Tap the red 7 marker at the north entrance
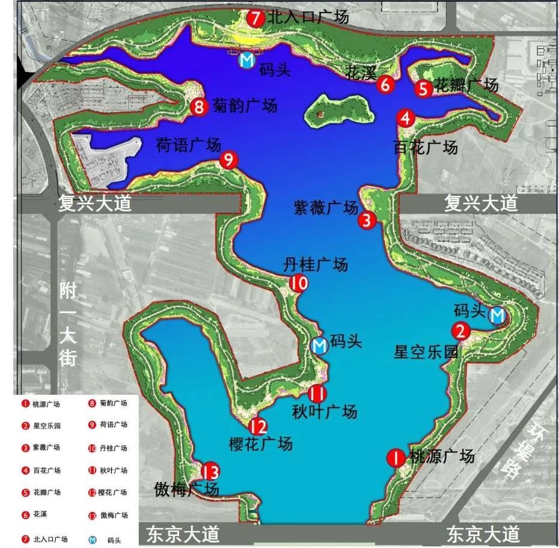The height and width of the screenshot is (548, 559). (x=255, y=18)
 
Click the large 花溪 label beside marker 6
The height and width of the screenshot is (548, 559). (x=361, y=73)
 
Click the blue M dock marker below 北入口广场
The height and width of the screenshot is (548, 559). (x=246, y=60)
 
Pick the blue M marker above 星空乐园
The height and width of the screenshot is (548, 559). (x=497, y=315)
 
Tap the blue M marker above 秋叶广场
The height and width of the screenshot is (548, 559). (x=320, y=346)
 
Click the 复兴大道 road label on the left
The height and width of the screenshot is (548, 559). (x=94, y=203)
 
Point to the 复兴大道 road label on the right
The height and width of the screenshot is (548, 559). (x=481, y=203)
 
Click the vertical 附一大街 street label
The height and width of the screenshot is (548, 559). (x=68, y=324)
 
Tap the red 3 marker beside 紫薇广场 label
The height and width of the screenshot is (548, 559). (x=367, y=221)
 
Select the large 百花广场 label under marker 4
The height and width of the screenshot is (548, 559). (x=425, y=147)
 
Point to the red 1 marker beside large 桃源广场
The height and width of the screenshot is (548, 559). (x=396, y=458)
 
